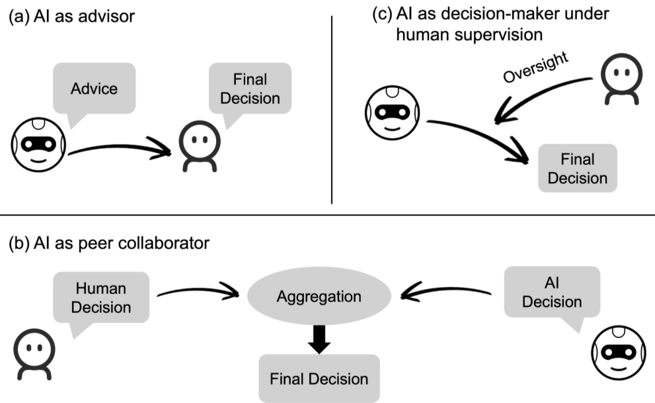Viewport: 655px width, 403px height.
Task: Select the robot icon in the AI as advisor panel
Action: [x=38, y=145]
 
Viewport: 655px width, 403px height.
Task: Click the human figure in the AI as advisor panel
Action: [x=200, y=146]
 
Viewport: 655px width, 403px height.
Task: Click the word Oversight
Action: [x=535, y=67]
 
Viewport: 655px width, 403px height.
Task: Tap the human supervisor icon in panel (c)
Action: [x=621, y=79]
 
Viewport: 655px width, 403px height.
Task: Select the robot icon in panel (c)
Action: [x=392, y=112]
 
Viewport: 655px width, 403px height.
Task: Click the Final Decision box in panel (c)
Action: [x=577, y=168]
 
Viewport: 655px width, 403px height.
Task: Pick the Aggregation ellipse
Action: [x=319, y=296]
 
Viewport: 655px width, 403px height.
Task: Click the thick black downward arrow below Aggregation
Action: [x=319, y=339]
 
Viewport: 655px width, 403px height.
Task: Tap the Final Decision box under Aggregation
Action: [x=319, y=379]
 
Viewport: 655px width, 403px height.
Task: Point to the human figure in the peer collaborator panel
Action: [x=34, y=354]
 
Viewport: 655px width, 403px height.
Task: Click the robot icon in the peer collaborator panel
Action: [x=619, y=353]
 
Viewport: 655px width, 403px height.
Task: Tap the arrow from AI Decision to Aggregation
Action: [x=445, y=290]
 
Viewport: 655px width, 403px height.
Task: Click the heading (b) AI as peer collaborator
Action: [x=109, y=243]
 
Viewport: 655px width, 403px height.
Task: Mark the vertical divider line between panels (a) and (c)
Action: [x=332, y=110]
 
